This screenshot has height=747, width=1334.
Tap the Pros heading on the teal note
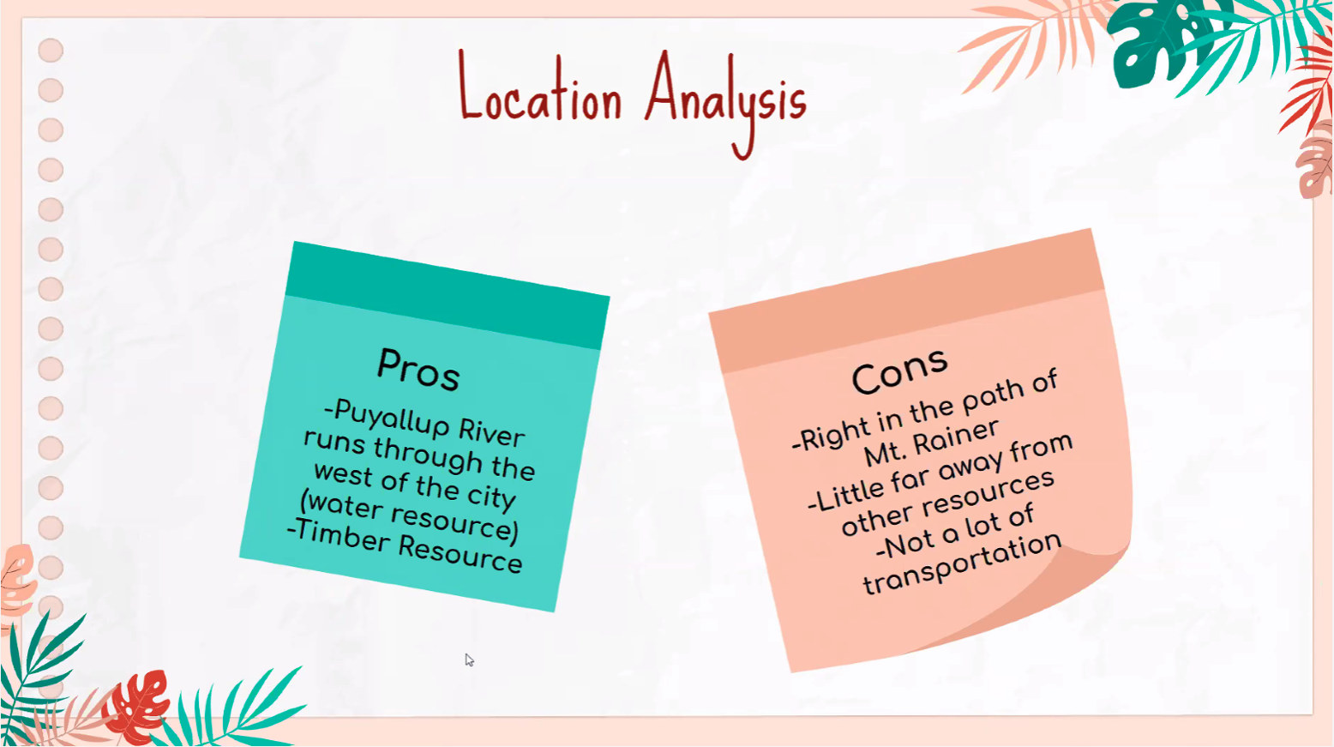[418, 370]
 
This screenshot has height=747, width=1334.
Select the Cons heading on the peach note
[899, 370]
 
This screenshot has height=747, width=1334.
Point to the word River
[491, 434]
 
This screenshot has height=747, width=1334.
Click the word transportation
[963, 564]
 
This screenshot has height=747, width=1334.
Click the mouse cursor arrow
[469, 660]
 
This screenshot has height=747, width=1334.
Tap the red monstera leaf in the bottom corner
[136, 705]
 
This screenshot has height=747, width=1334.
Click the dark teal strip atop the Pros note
[448, 295]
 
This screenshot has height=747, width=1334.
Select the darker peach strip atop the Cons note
[906, 301]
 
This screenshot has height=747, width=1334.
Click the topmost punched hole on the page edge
[51, 50]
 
